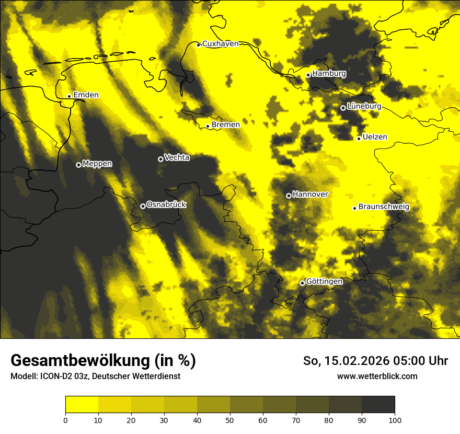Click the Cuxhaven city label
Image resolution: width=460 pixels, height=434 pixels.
[220, 44]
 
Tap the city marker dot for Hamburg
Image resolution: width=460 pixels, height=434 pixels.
[308, 75]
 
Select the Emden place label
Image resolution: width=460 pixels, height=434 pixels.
[86, 95]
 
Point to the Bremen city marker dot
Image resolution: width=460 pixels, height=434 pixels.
[208, 126]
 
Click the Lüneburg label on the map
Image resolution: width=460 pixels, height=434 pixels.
[364, 106]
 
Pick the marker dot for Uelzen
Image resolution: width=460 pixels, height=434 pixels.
[359, 139]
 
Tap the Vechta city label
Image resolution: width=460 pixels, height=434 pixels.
[177, 157]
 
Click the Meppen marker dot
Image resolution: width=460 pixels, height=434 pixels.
[78, 165]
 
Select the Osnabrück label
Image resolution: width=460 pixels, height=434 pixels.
[166, 204]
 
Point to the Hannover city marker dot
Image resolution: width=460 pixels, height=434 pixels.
[289, 196]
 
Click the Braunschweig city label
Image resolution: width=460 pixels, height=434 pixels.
[384, 207]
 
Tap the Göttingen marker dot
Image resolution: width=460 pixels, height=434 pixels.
[302, 283]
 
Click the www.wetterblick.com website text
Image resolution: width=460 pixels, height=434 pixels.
[377, 376]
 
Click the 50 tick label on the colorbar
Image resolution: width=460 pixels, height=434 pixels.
[230, 420]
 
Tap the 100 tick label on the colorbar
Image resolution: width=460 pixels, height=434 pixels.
[395, 420]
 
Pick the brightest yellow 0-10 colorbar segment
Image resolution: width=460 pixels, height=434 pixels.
[82, 405]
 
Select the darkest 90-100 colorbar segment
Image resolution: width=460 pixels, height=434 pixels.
[378, 405]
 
